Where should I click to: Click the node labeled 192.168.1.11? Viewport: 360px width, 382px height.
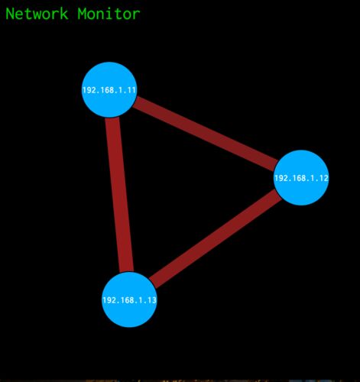(x=109, y=89)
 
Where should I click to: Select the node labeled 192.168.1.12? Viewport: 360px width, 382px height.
(x=301, y=178)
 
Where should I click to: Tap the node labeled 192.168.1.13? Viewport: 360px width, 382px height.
(x=129, y=299)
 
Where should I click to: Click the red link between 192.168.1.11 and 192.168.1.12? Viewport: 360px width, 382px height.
(x=205, y=134)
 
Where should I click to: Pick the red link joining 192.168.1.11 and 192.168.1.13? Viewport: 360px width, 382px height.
(x=119, y=195)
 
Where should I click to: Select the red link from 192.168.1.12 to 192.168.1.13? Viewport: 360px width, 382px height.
(x=216, y=238)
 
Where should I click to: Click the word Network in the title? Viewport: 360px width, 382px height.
(x=37, y=14)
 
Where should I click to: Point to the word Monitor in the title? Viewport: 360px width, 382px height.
(x=109, y=14)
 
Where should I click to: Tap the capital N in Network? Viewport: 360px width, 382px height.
(x=10, y=14)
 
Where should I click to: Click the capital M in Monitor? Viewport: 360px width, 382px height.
(x=82, y=14)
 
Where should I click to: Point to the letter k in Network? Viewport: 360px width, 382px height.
(x=64, y=14)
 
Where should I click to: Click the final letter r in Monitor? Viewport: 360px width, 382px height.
(x=136, y=15)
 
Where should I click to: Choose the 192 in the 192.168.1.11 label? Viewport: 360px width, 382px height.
(x=88, y=90)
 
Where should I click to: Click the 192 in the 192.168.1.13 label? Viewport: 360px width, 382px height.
(x=108, y=300)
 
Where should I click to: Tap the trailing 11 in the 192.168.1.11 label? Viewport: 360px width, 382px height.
(x=131, y=90)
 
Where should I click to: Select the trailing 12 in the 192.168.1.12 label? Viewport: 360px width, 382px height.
(x=324, y=178)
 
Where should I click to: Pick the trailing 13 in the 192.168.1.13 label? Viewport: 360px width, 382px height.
(x=152, y=300)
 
